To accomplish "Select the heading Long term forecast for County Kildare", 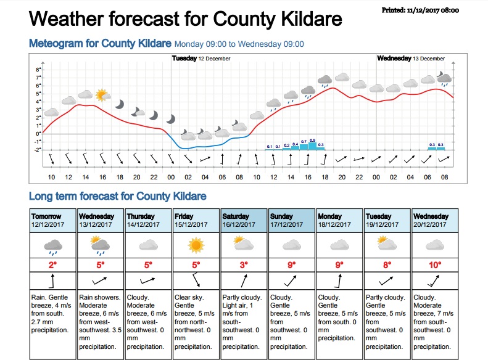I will coord(117,197).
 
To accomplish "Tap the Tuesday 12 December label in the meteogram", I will coord(201,59).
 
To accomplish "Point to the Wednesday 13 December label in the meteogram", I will coord(410,59).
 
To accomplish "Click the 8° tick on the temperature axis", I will coord(38,70).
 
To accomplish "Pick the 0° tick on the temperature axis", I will coord(38,133).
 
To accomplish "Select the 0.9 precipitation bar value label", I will coord(312,141).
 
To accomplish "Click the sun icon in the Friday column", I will coord(197,246).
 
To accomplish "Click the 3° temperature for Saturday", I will coord(244,265).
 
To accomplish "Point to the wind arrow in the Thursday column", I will coord(149,280).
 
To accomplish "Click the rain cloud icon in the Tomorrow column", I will coord(54,247).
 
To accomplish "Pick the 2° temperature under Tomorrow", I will coord(54,265).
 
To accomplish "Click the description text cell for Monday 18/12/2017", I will coord(339,317).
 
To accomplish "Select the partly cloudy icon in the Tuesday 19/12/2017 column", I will coord(386,245).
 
